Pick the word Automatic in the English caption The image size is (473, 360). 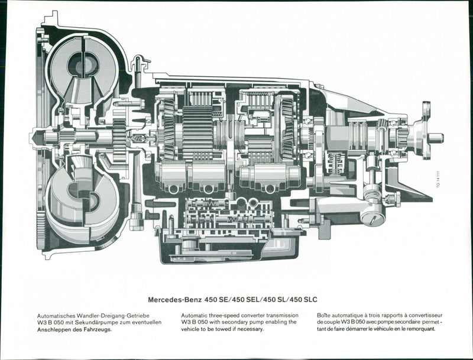195,316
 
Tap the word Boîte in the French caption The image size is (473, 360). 325,316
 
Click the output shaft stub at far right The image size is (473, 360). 436,138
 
